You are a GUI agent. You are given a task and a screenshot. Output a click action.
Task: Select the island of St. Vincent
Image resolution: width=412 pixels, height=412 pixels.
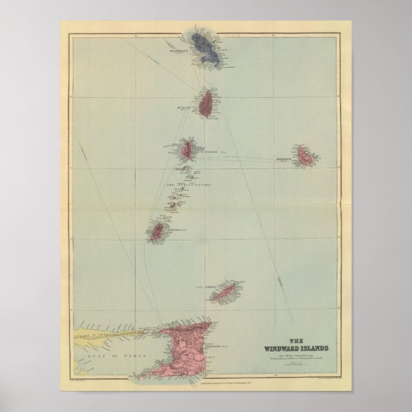(187, 150)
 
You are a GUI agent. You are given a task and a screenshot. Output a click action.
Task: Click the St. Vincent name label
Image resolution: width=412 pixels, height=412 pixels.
(210, 152)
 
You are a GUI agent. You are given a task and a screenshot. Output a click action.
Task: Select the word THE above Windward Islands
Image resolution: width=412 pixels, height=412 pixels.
(297, 340)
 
